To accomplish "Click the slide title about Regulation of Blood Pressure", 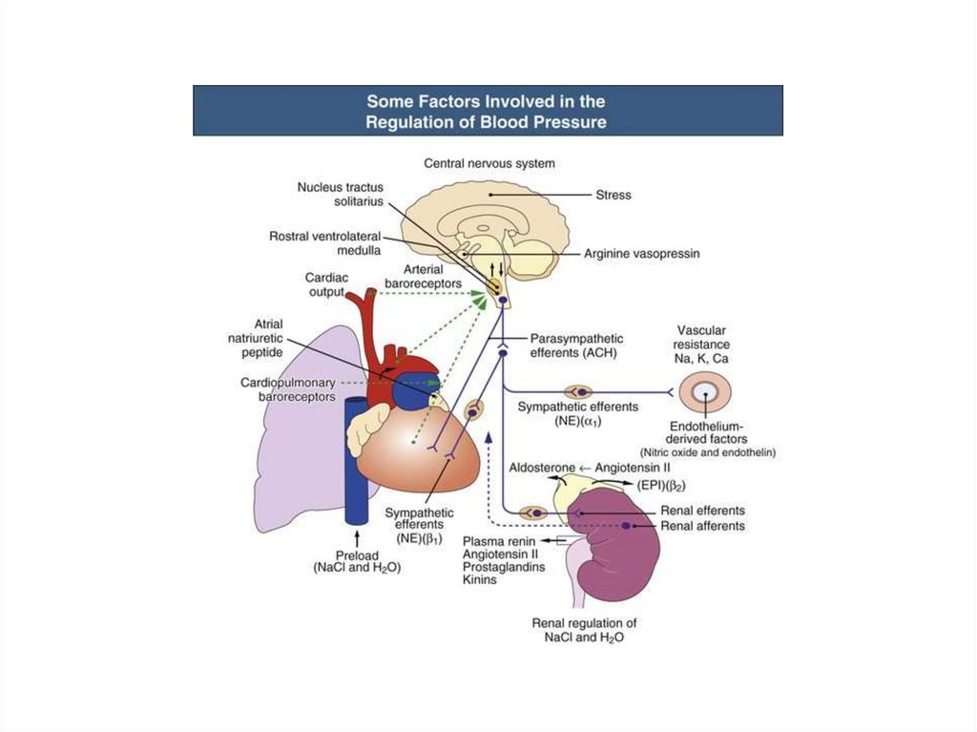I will pos(487,111).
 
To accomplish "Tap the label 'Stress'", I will pos(614,195).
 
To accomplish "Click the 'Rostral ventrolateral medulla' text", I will pos(324,242).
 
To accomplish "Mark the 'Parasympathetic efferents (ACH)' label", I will pos(576,345).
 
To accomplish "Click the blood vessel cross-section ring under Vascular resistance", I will pos(706,392).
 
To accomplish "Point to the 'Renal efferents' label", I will pos(702,511).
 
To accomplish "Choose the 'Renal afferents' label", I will pos(702,526).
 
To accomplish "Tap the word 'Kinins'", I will pos(479,579).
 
